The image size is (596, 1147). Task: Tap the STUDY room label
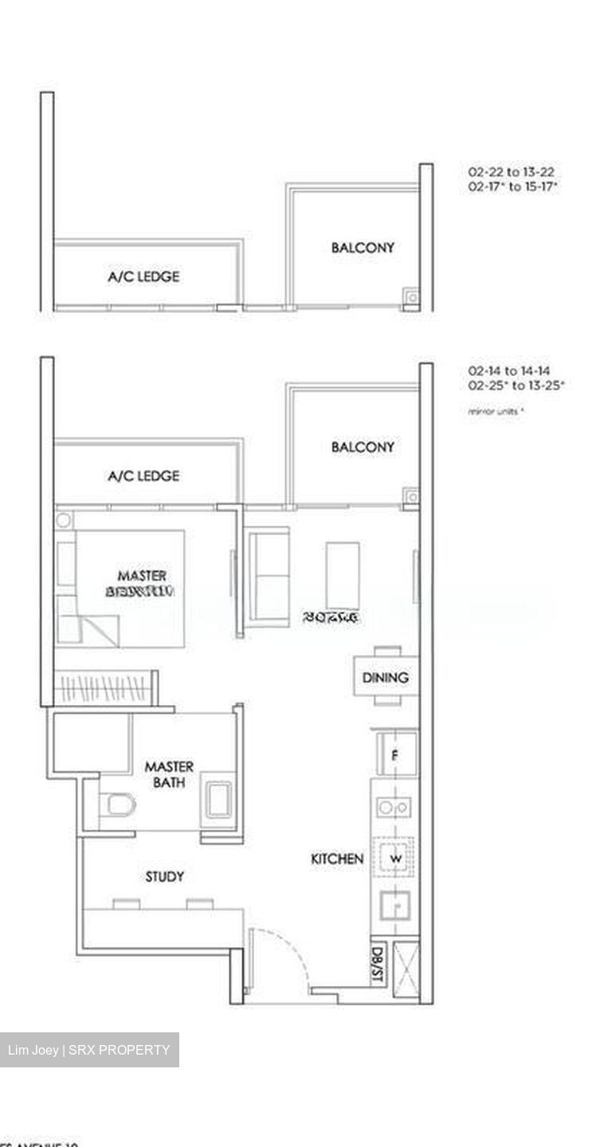pos(165,877)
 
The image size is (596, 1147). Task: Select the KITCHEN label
pos(337,859)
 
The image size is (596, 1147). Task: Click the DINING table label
pos(386,678)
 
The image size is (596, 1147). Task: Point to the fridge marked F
pos(394,754)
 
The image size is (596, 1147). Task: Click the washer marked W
pos(394,859)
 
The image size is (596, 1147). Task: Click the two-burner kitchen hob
pos(394,808)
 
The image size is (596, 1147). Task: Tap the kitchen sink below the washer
pos(394,906)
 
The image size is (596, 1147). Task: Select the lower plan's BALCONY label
pos(363,447)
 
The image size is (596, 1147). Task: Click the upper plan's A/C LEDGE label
pos(143,276)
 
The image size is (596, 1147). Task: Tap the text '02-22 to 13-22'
pos(511,172)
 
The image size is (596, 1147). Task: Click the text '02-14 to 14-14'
pos(511,371)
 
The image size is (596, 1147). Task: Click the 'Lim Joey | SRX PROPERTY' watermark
pos(88,1050)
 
